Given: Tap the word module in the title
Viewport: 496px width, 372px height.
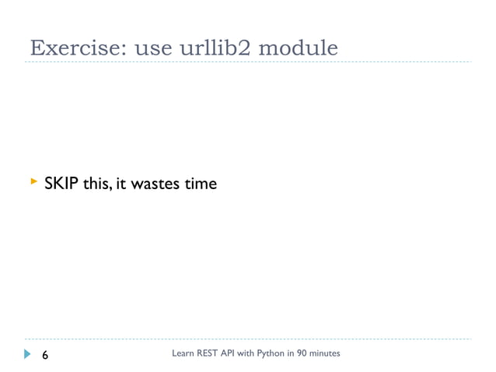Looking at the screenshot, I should pyautogui.click(x=299, y=47).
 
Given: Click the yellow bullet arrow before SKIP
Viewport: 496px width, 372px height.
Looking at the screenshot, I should pyautogui.click(x=33, y=182).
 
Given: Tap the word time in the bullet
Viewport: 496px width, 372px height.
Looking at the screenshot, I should pyautogui.click(x=197, y=184).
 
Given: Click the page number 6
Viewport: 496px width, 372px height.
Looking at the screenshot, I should pyautogui.click(x=44, y=356).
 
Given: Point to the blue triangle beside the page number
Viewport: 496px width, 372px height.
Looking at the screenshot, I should pyautogui.click(x=29, y=355).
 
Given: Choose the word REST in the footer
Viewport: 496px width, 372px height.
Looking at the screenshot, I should pyautogui.click(x=204, y=354).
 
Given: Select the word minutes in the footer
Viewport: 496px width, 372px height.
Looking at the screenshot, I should pyautogui.click(x=326, y=354).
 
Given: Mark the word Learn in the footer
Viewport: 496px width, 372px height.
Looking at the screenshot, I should pyautogui.click(x=181, y=354).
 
